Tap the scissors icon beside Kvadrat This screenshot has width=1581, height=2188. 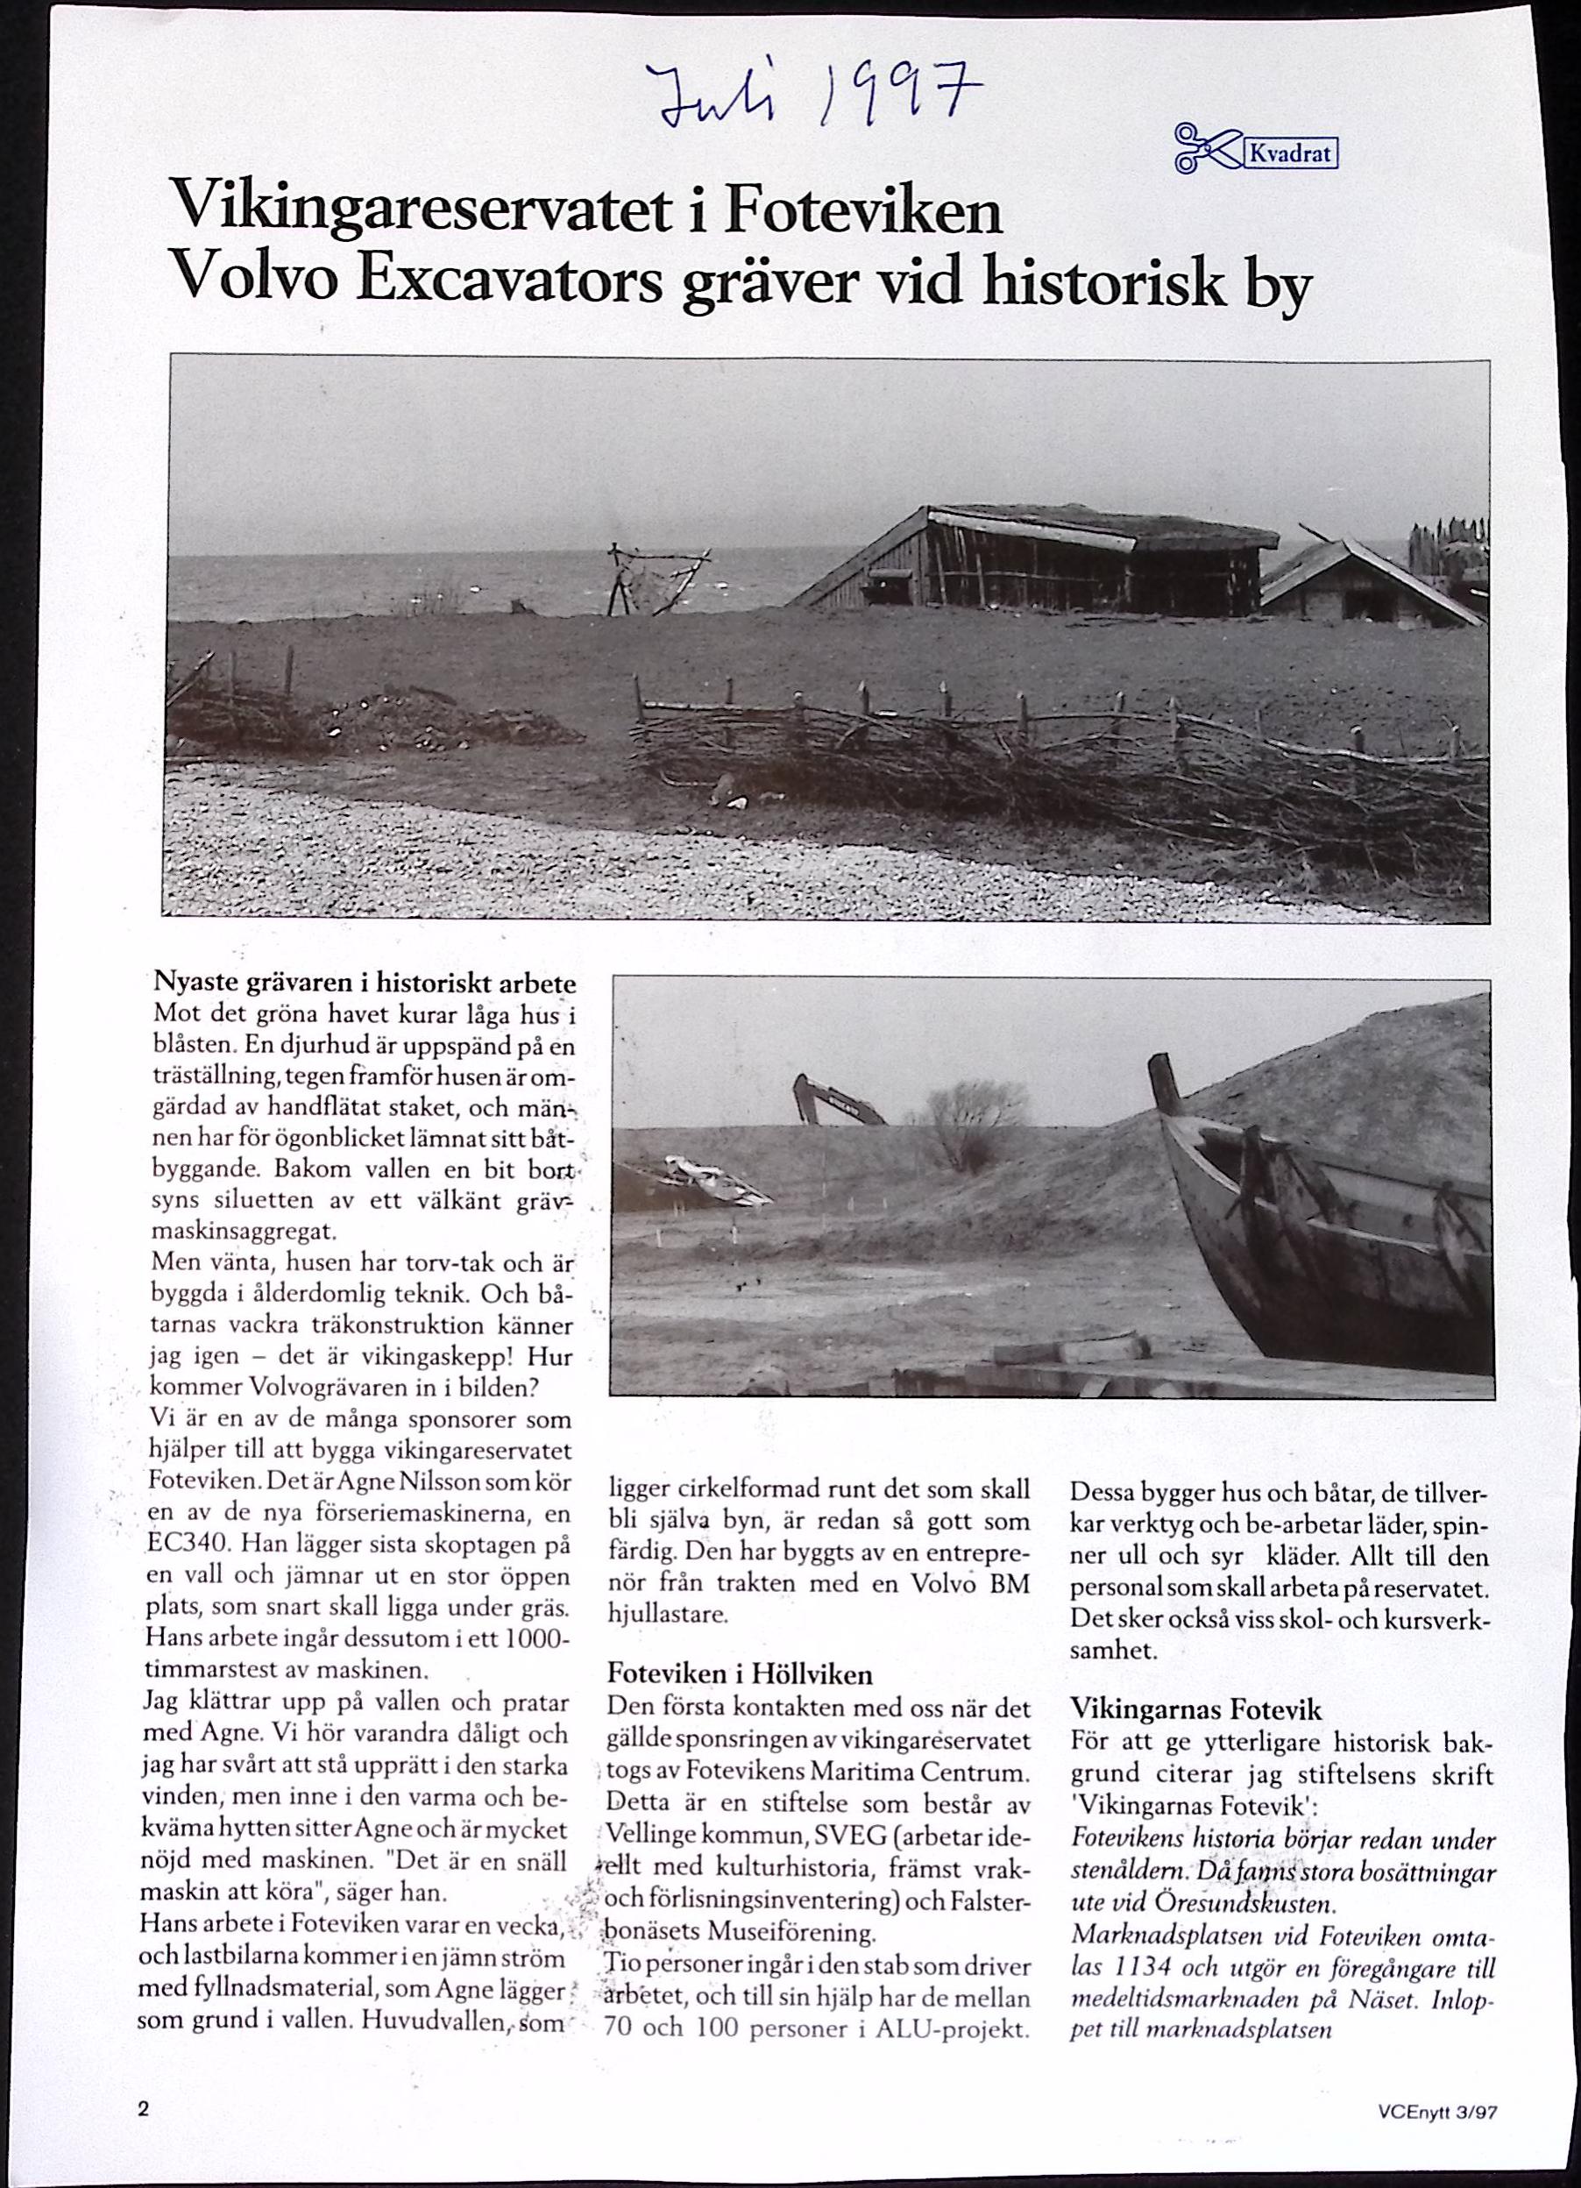pos(1206,150)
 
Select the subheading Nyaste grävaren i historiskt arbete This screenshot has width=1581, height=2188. pos(365,984)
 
